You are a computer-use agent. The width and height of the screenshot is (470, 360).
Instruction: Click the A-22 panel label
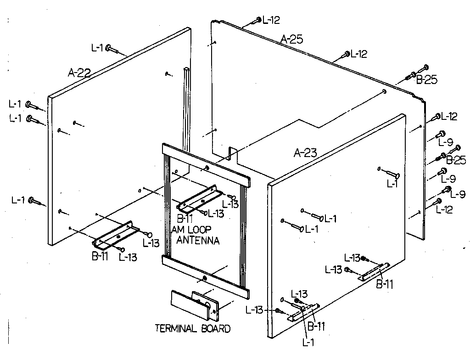(79, 73)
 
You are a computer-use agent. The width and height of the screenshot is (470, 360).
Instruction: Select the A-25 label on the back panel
(292, 39)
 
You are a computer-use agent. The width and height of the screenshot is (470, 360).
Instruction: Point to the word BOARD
(215, 328)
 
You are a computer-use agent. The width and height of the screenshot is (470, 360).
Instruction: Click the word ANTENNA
(198, 240)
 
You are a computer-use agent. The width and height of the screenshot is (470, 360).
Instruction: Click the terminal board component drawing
(195, 304)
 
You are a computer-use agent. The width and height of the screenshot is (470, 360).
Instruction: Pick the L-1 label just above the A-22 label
(97, 47)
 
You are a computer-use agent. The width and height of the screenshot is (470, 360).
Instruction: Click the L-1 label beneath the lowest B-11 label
(308, 341)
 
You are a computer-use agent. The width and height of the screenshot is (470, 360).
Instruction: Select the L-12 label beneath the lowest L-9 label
(445, 209)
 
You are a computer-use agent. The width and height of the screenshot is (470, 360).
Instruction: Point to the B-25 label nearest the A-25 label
(426, 80)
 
